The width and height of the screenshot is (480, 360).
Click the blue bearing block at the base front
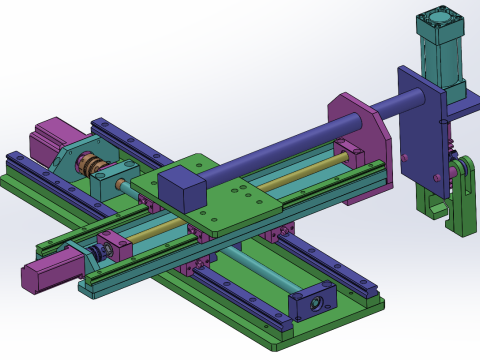tap(310, 303)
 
